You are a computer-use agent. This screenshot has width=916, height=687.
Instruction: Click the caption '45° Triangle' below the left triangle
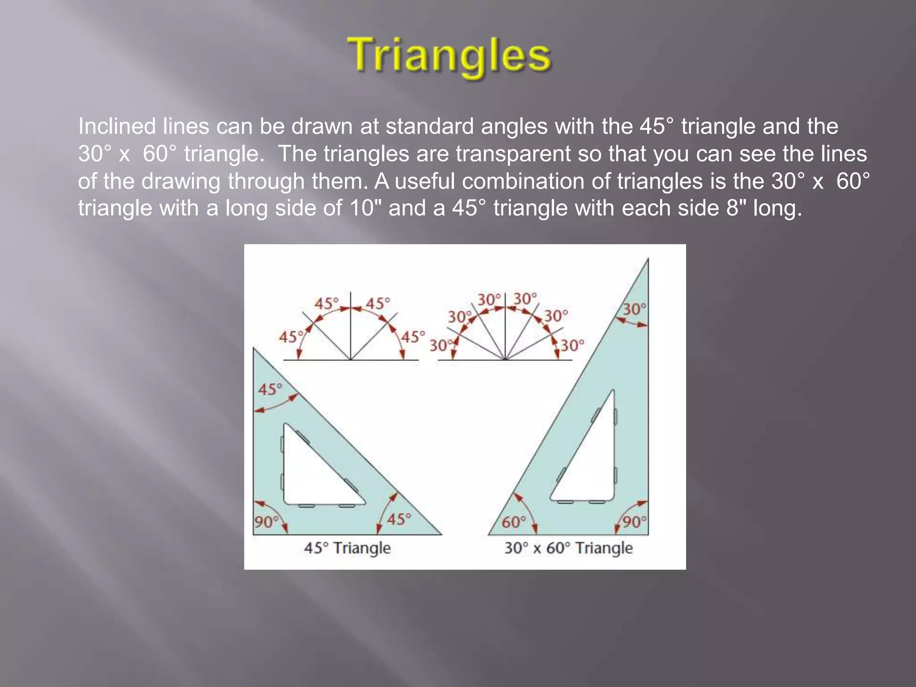pyautogui.click(x=347, y=548)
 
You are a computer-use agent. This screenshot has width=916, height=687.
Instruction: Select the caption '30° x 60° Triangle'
pyautogui.click(x=568, y=548)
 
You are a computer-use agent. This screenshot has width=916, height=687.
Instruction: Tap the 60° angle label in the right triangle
pyautogui.click(x=513, y=522)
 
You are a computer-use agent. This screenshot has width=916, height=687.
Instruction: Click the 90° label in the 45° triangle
pyautogui.click(x=266, y=522)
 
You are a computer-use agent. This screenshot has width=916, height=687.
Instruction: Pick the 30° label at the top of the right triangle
pyautogui.click(x=635, y=309)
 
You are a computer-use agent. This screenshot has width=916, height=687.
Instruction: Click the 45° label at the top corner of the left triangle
pyautogui.click(x=270, y=389)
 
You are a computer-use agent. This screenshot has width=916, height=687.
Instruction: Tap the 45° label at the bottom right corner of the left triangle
pyautogui.click(x=399, y=519)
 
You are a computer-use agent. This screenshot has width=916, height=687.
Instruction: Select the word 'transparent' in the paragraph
pyautogui.click(x=513, y=154)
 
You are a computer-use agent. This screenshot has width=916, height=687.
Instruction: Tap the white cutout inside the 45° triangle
pyautogui.click(x=313, y=474)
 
